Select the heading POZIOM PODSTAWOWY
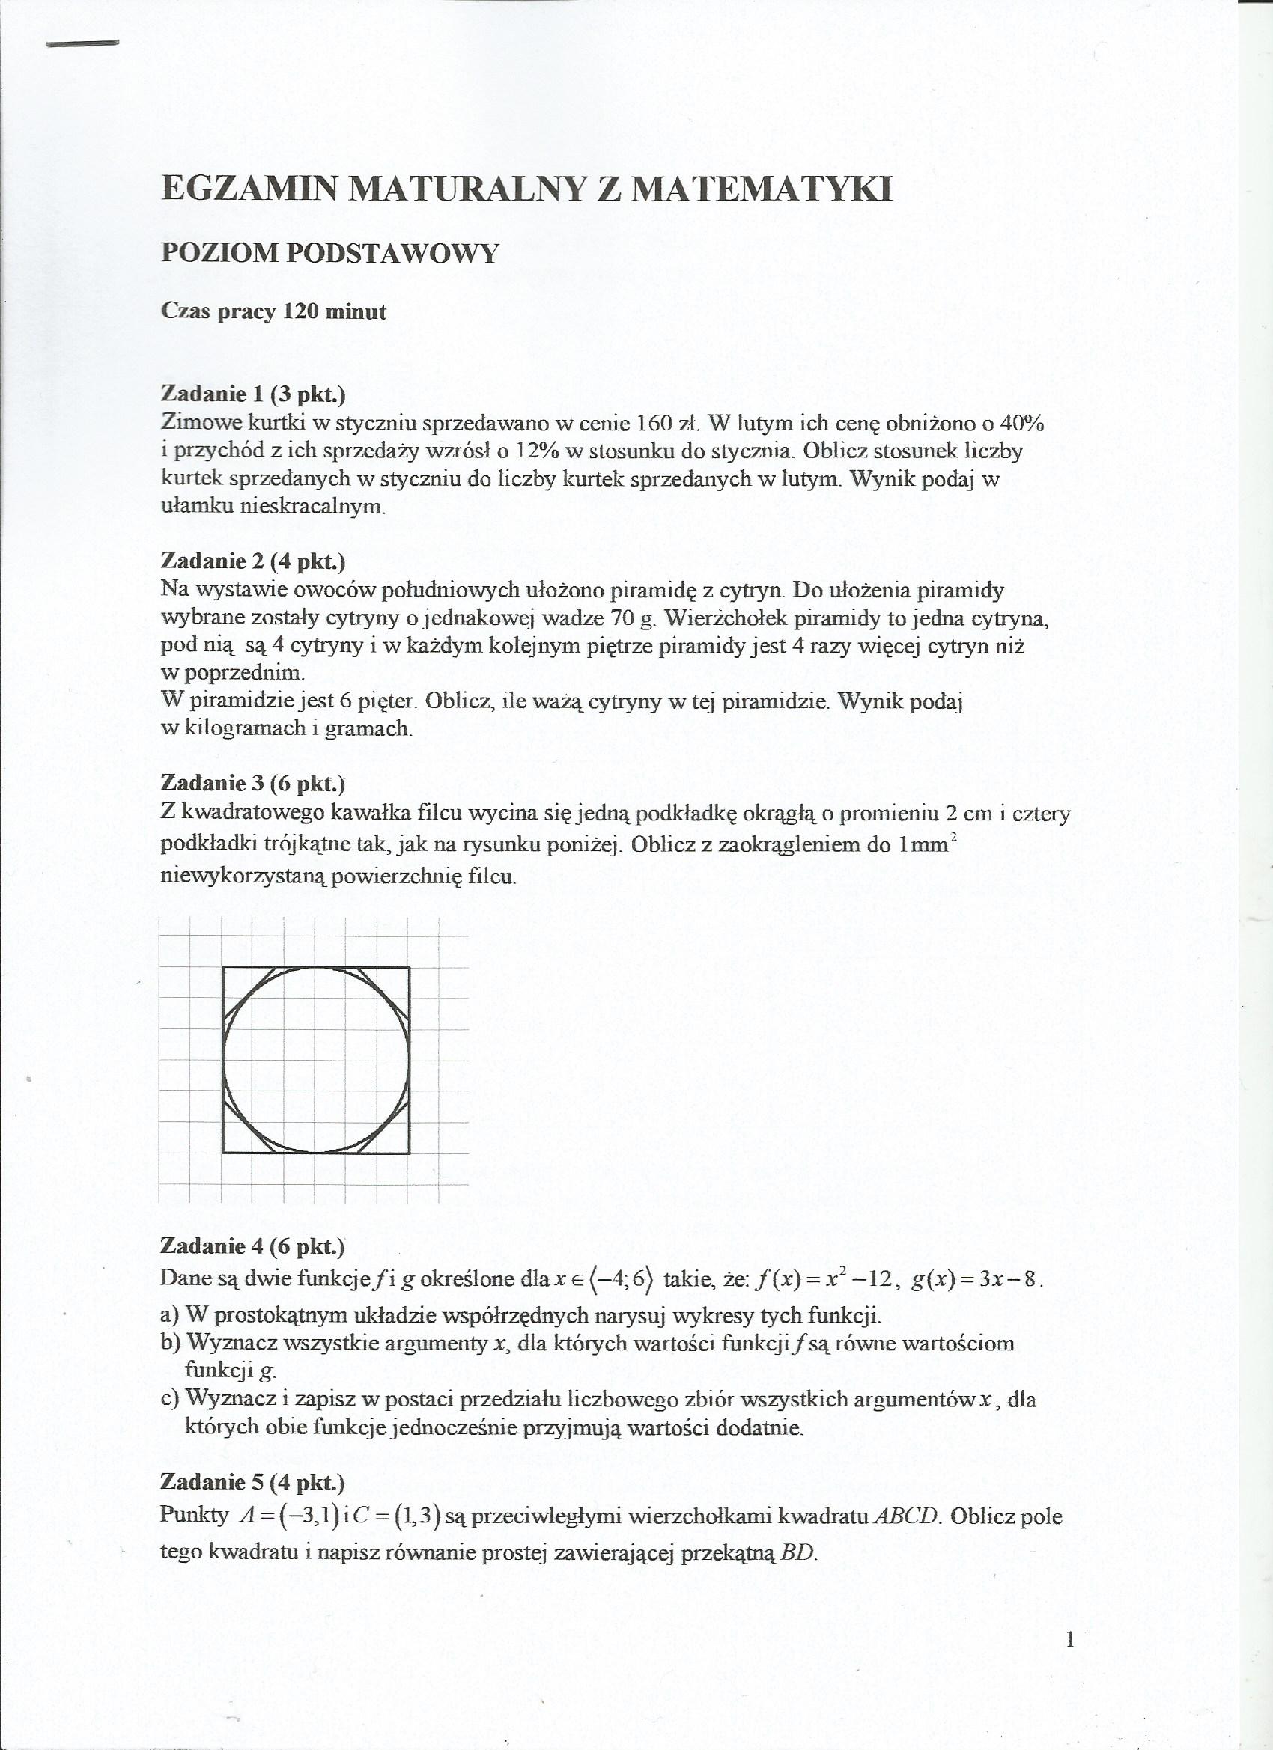[x=330, y=253]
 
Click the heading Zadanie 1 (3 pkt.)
[x=252, y=394]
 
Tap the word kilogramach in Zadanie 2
[x=246, y=728]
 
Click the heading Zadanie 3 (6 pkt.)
[x=252, y=783]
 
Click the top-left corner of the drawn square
[x=224, y=967]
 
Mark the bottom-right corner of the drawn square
[x=409, y=1153]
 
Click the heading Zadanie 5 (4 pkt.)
[x=252, y=1482]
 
